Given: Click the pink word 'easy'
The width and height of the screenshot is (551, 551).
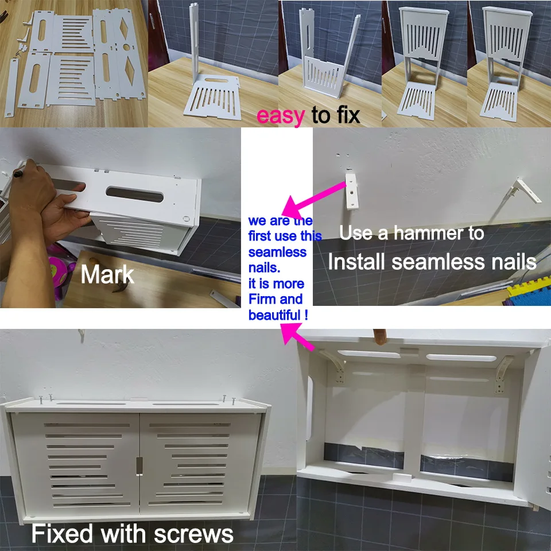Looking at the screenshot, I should coord(280,116).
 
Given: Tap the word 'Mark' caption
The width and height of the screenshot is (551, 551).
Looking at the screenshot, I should coord(107,275).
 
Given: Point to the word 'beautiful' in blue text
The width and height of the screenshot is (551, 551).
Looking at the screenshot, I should coord(273,315).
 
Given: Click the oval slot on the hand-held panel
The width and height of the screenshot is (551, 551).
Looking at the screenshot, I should coord(133,193).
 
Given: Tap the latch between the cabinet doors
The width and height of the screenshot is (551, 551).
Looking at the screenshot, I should coord(138,465).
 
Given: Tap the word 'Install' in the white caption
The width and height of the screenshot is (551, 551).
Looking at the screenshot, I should coord(356,262).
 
